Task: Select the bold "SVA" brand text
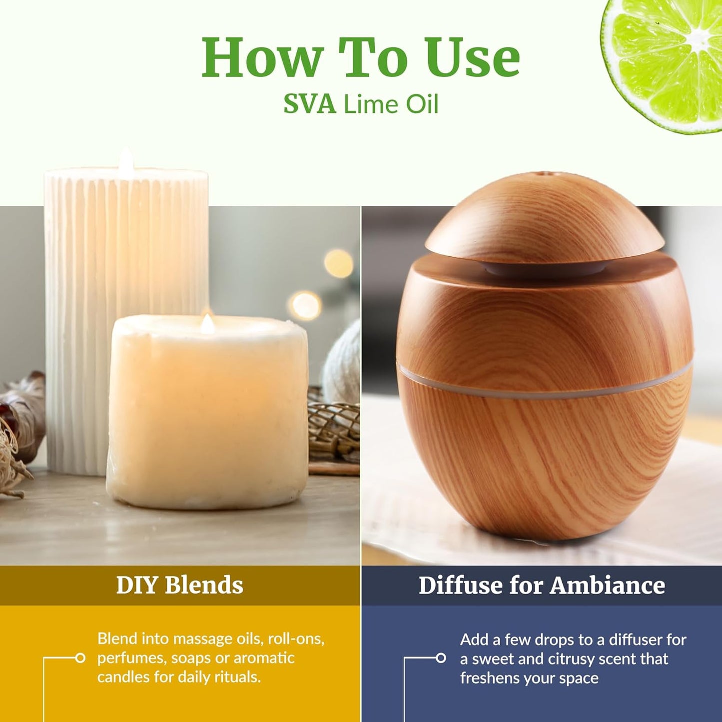[x=309, y=104]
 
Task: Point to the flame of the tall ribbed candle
[x=126, y=159]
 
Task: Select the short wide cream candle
[x=207, y=415]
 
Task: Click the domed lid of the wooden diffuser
[x=545, y=220]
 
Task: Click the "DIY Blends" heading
[x=179, y=585]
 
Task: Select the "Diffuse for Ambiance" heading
[x=542, y=585]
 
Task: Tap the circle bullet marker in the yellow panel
[x=80, y=658]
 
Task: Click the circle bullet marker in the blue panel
[x=441, y=658]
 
